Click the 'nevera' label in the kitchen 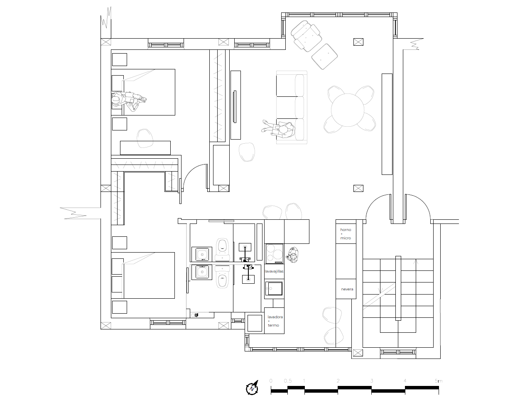(x=347, y=289)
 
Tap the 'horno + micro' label (x=346, y=234)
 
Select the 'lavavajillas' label (x=274, y=271)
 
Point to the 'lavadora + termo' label (x=275, y=321)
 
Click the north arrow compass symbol (x=252, y=388)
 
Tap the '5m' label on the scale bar (x=439, y=381)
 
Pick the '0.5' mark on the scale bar (x=288, y=381)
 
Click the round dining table (x=348, y=110)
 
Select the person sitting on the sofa (x=278, y=128)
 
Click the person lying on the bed (x=129, y=100)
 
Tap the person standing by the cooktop (x=292, y=255)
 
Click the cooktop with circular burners (x=274, y=253)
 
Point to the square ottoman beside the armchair (x=324, y=56)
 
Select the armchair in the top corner (x=307, y=36)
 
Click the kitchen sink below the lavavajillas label (x=274, y=289)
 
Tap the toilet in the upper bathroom (x=222, y=250)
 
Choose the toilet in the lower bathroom (x=222, y=277)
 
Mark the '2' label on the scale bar (x=338, y=381)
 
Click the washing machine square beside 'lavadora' (x=255, y=323)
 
